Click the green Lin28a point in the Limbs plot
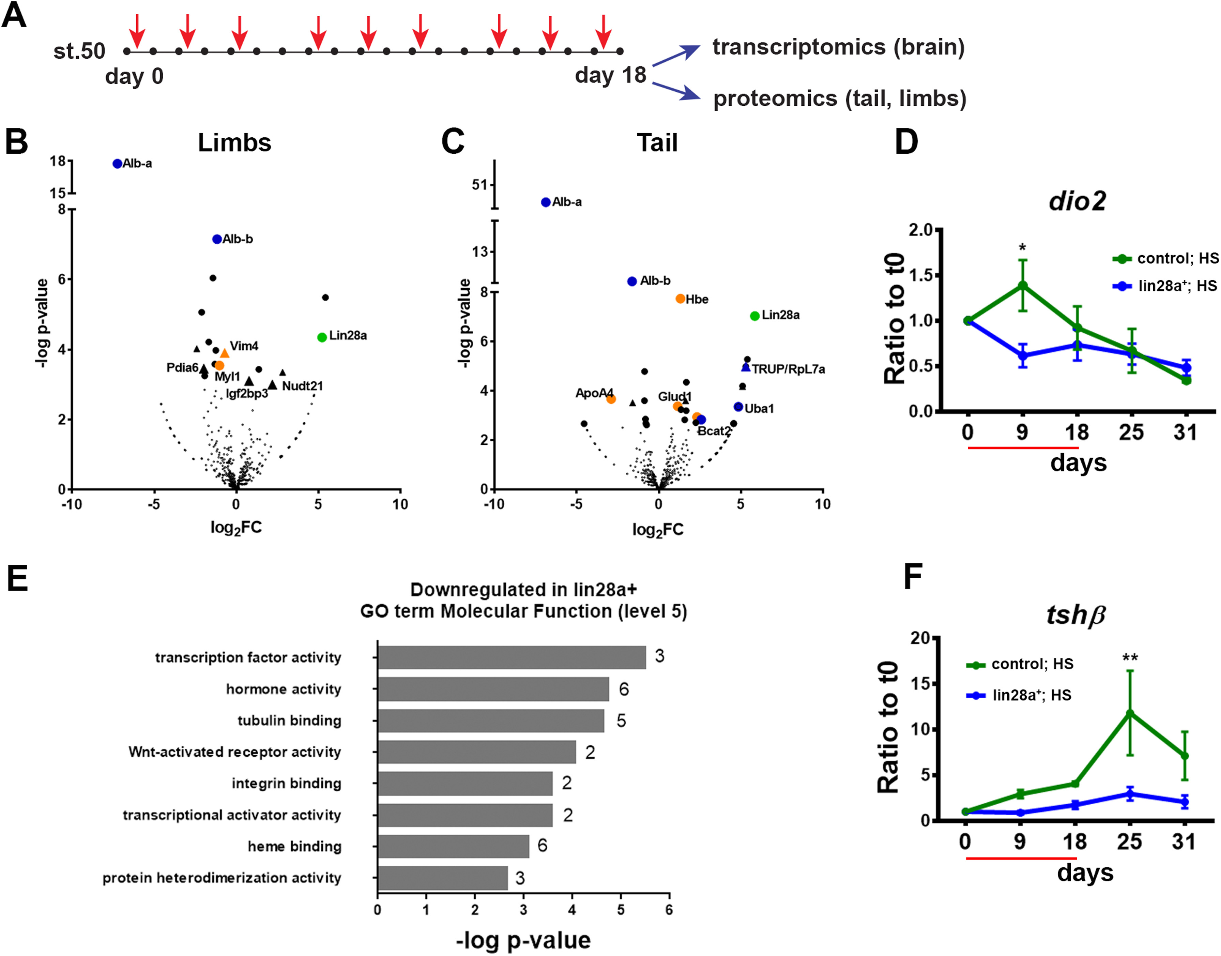(322, 337)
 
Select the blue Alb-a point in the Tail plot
(546, 202)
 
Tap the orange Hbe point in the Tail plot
(680, 299)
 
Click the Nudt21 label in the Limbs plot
(302, 386)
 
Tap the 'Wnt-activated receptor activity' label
(234, 752)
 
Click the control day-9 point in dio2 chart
(1022, 286)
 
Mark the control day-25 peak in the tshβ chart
(1130, 713)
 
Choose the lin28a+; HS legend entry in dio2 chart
(1164, 286)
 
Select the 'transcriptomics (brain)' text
(838, 47)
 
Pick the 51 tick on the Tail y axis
(479, 185)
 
